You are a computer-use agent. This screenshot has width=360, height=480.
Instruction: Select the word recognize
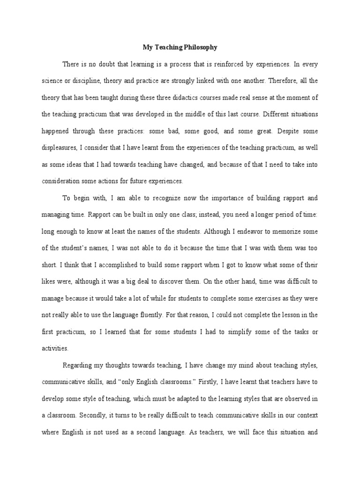[x=144, y=198]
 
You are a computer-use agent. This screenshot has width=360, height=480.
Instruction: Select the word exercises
[x=253, y=298]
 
